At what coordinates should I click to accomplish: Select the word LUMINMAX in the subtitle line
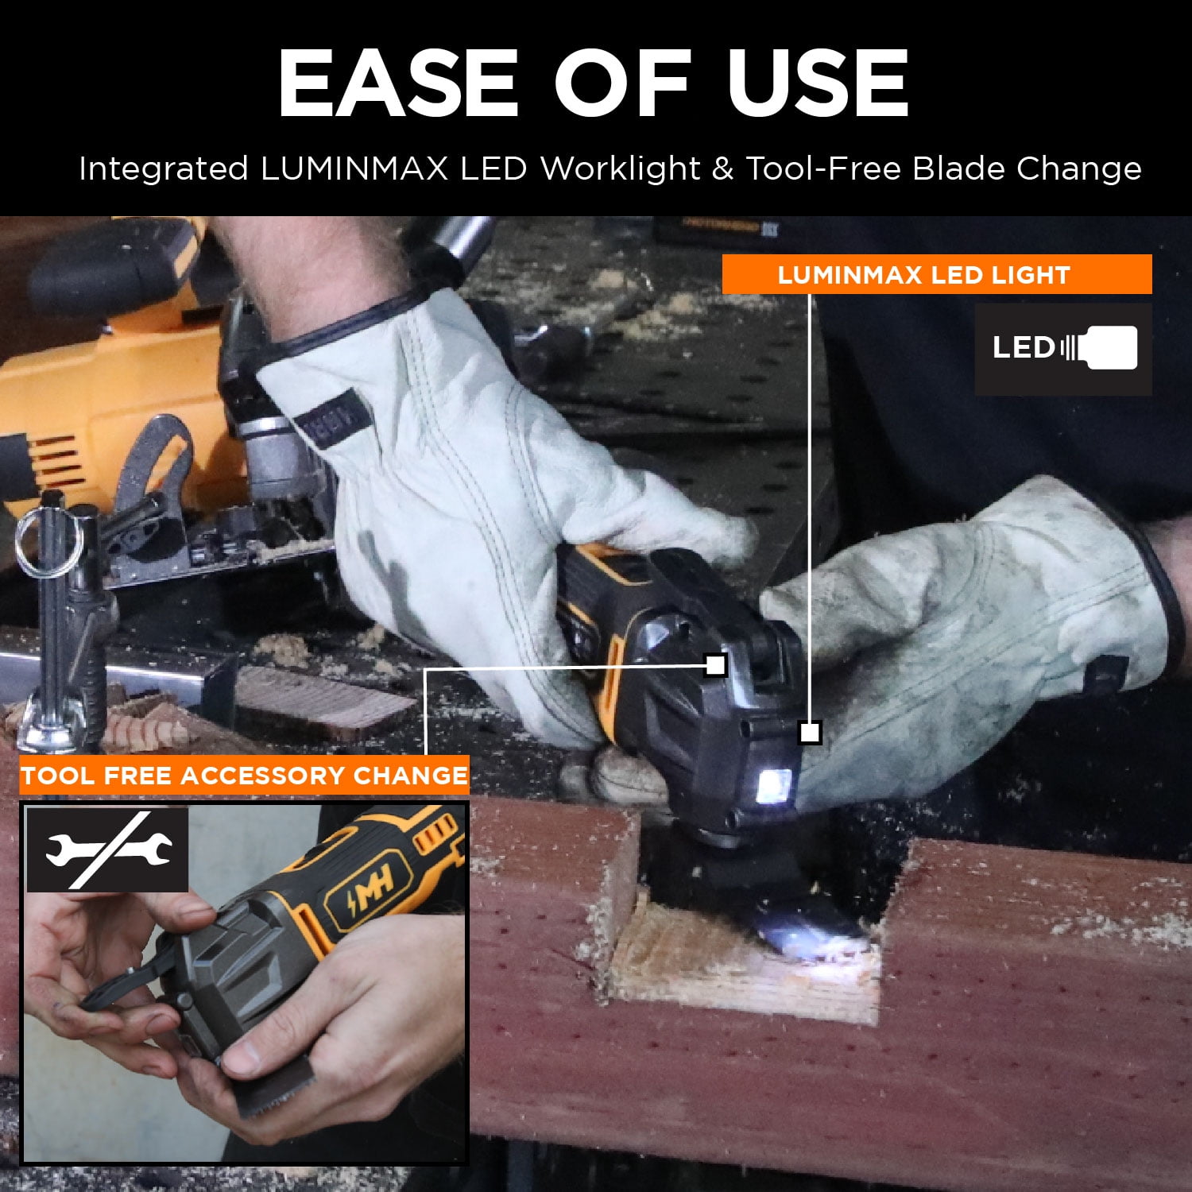point(353,169)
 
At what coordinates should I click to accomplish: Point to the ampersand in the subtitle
point(722,169)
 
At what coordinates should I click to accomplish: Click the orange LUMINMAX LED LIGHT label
point(936,274)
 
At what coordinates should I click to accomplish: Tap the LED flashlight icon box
point(1063,348)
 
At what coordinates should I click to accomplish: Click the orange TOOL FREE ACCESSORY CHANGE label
point(245,776)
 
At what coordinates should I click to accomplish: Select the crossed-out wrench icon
point(107,849)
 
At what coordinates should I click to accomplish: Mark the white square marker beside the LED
point(810,732)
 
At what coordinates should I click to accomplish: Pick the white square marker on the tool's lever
point(715,665)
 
